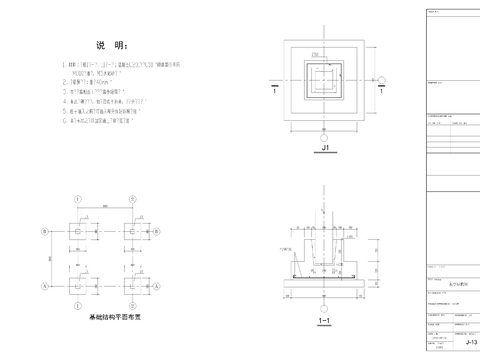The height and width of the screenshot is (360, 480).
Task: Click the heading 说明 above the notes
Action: coord(111,46)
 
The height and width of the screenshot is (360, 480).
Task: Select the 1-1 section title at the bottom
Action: coord(323,322)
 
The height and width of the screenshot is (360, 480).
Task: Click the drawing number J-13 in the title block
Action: coord(470,342)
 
